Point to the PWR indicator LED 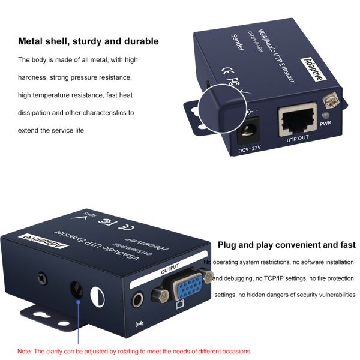click(x=325, y=116)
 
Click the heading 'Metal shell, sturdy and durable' click(x=88, y=41)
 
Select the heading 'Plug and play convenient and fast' click(x=286, y=245)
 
